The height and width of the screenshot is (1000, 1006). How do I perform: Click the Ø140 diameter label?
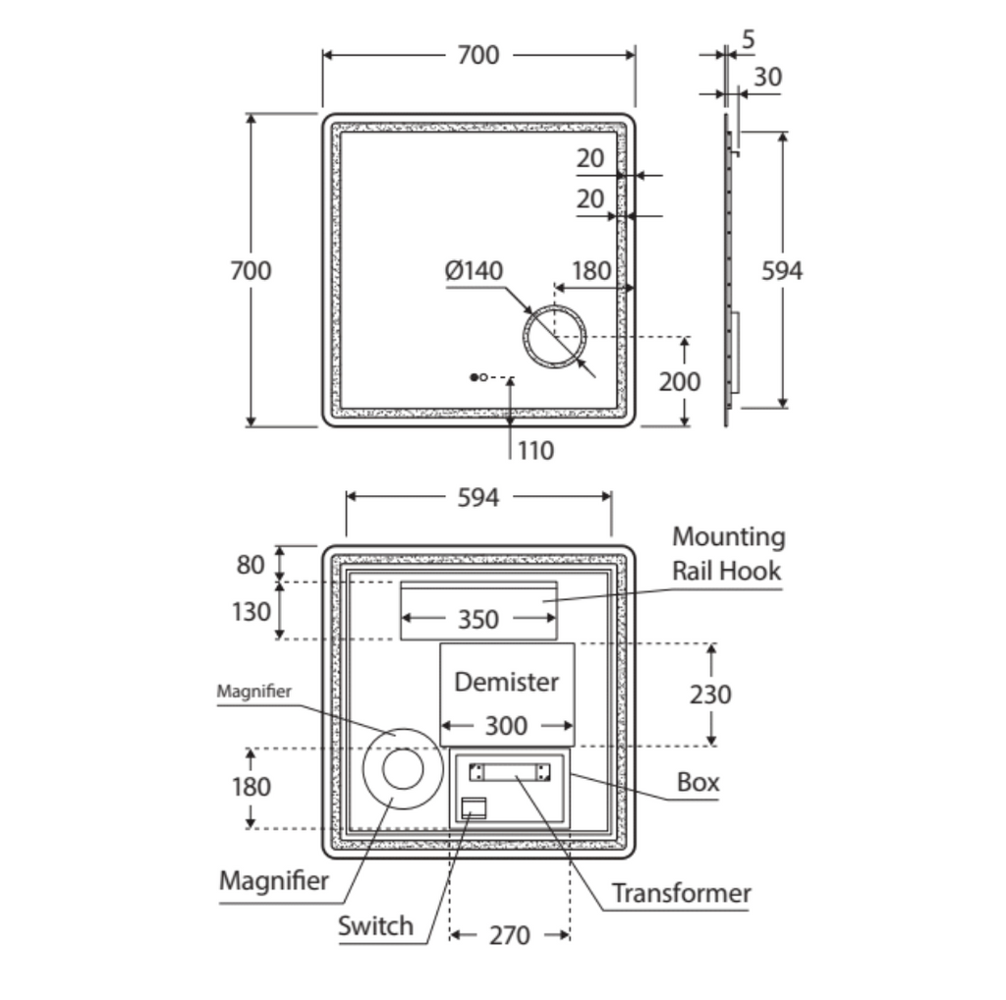[474, 271]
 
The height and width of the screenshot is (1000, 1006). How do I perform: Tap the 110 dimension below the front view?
[536, 451]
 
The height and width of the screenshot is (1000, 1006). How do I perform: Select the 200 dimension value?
[680, 381]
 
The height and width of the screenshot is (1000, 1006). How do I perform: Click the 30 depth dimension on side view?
[769, 76]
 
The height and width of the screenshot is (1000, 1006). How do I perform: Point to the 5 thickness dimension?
[750, 40]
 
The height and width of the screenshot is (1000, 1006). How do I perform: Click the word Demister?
[506, 681]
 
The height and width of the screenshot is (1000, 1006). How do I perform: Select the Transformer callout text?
[681, 893]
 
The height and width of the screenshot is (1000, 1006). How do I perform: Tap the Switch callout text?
[375, 925]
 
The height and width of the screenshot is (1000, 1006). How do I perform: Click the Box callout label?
[699, 782]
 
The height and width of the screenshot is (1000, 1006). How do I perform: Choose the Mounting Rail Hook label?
[728, 553]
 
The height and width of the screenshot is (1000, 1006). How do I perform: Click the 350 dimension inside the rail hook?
[478, 620]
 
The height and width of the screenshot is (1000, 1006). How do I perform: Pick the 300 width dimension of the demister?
[506, 726]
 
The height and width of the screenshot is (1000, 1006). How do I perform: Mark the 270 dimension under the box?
[509, 935]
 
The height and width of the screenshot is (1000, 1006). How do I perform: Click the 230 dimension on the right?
[710, 694]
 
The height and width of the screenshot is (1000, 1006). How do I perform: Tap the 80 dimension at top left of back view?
[251, 564]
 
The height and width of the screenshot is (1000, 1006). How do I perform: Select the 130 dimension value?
[251, 611]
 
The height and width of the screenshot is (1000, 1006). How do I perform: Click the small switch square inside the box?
[474, 807]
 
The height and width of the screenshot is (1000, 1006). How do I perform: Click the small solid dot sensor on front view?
[474, 377]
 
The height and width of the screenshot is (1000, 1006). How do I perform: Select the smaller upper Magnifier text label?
[253, 692]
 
